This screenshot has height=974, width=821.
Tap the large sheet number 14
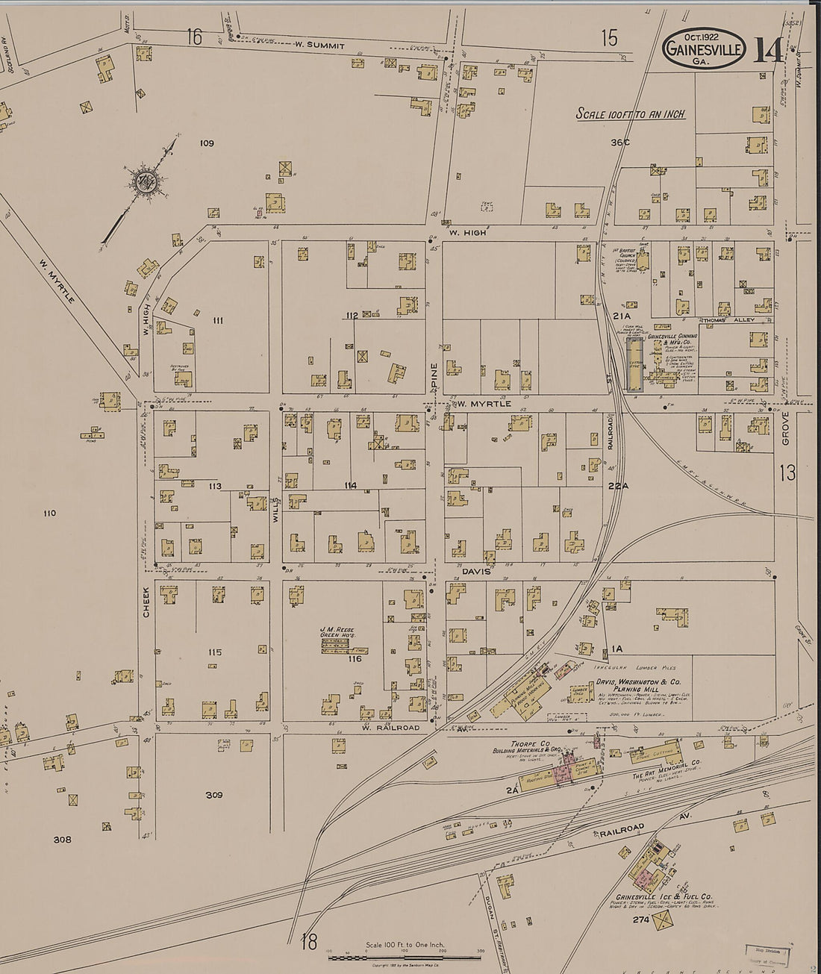pyautogui.click(x=768, y=49)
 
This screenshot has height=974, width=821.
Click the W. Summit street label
pyautogui.click(x=319, y=46)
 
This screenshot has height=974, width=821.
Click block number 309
pyautogui.click(x=214, y=795)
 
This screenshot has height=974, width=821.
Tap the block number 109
pyautogui.click(x=207, y=143)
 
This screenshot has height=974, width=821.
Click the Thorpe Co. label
pyautogui.click(x=525, y=743)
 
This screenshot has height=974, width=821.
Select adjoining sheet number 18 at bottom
pyautogui.click(x=309, y=943)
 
